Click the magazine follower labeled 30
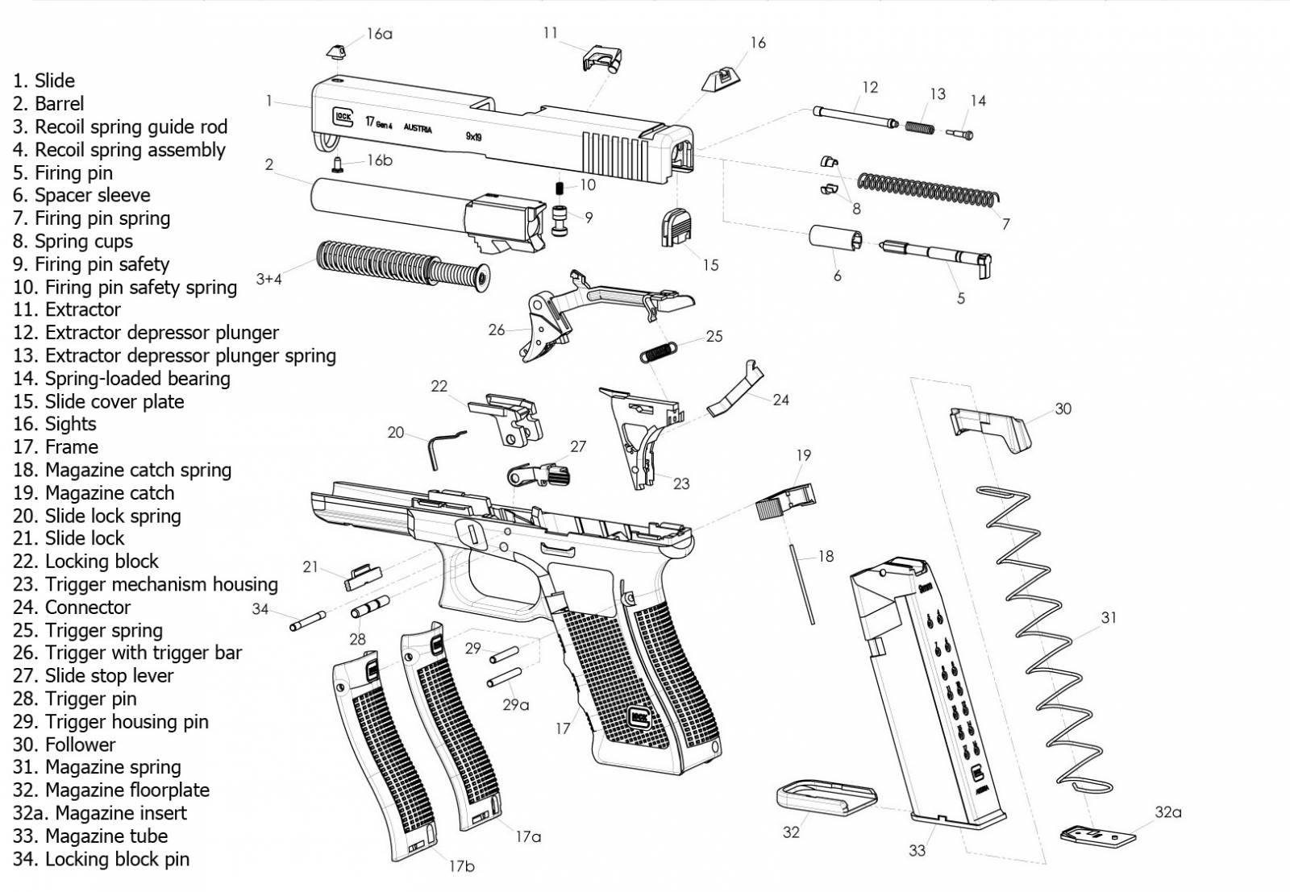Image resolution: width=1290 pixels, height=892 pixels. click(x=989, y=428)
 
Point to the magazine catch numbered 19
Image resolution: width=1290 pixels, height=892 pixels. click(x=784, y=500)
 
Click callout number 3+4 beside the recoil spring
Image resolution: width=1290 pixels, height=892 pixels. click(x=268, y=279)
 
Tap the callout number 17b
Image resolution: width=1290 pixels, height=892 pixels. click(x=461, y=866)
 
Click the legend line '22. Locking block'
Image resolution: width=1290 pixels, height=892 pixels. click(x=85, y=562)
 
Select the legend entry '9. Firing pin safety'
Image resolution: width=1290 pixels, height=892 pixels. click(x=91, y=264)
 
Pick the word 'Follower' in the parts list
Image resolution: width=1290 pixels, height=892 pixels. click(x=80, y=745)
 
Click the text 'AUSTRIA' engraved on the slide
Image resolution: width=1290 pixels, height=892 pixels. click(x=418, y=129)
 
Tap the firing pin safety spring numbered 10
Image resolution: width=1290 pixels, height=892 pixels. click(x=560, y=188)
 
